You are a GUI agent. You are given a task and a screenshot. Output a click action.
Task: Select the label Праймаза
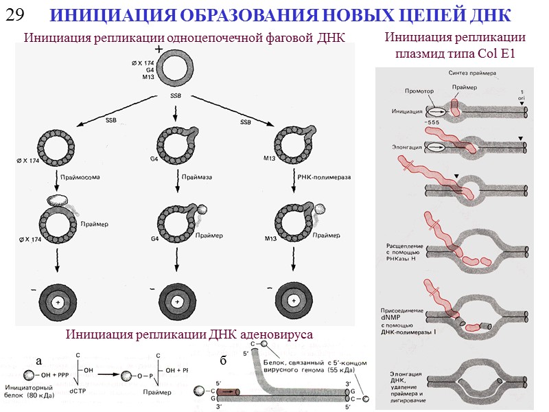197,176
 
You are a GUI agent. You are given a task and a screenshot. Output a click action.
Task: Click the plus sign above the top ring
159,49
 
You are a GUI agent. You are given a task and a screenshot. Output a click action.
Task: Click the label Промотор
419,90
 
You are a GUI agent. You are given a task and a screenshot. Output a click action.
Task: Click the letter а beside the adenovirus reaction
39,360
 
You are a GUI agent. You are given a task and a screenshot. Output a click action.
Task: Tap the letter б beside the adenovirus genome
223,360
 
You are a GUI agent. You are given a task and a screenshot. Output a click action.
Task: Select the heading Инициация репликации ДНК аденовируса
189,334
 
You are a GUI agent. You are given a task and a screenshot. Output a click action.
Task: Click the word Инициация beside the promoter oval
406,111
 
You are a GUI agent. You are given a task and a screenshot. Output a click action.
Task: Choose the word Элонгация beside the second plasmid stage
406,146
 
